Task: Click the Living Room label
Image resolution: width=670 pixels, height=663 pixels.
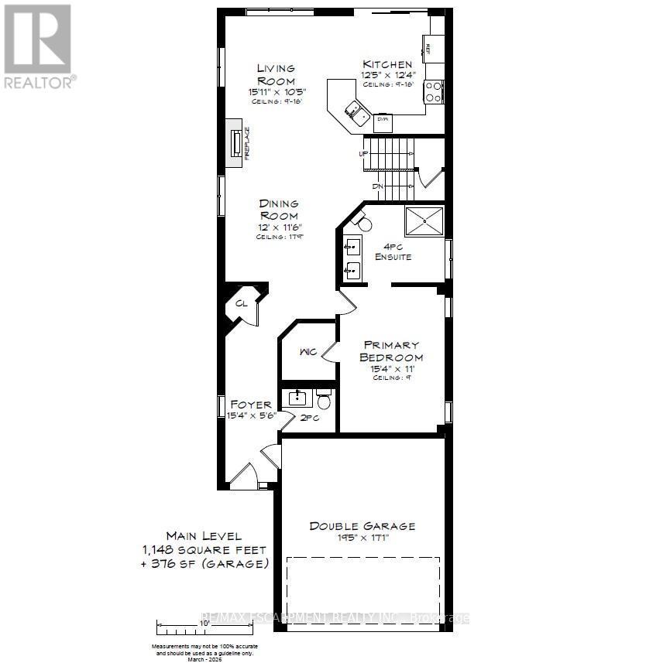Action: (x=277, y=74)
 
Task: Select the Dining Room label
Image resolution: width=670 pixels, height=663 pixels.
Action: (x=278, y=210)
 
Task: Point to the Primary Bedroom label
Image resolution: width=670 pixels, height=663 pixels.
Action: (x=390, y=351)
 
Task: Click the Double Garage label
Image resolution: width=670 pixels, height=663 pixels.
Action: (x=362, y=526)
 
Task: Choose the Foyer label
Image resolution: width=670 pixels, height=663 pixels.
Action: (x=251, y=404)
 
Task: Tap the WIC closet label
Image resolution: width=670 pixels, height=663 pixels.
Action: (x=307, y=352)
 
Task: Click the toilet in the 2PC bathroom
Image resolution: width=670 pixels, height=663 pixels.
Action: (x=324, y=400)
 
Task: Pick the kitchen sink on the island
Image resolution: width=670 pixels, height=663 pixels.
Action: (x=357, y=113)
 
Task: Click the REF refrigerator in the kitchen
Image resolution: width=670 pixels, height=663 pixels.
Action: (x=431, y=48)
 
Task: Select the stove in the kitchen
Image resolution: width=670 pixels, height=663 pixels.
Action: (x=433, y=93)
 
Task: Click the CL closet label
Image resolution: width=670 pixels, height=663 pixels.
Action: (x=241, y=304)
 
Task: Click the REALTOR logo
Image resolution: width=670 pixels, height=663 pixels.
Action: (x=40, y=46)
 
